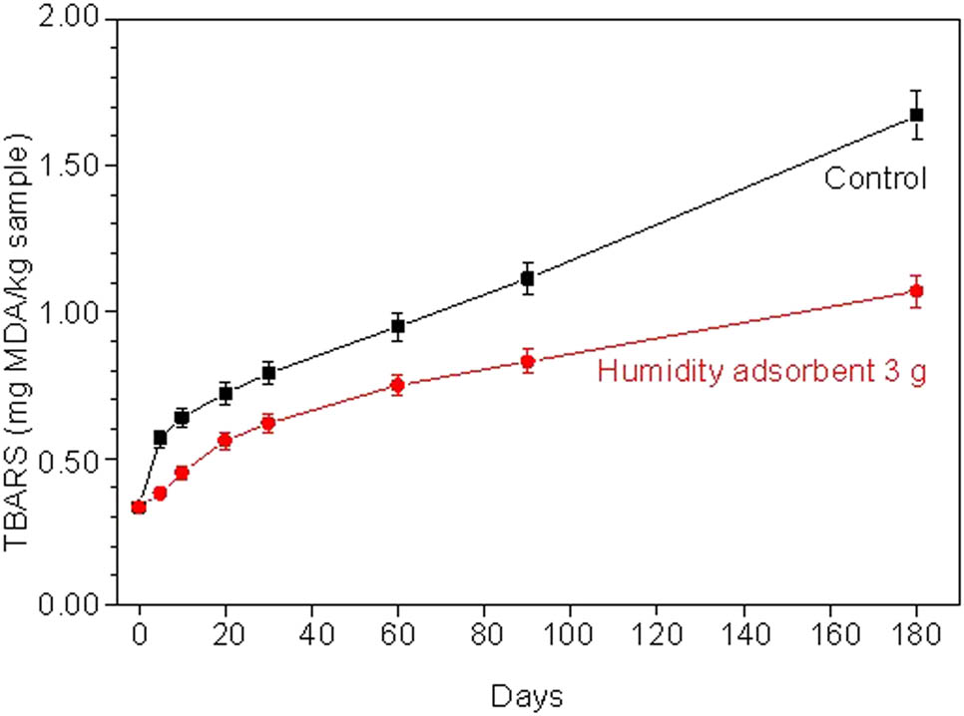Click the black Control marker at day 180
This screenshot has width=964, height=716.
click(x=916, y=115)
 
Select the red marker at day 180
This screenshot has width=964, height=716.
click(x=916, y=291)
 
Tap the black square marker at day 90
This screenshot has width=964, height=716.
click(x=528, y=279)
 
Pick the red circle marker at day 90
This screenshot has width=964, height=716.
click(x=528, y=361)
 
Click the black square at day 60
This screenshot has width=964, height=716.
click(x=398, y=326)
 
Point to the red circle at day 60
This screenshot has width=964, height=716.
click(x=398, y=385)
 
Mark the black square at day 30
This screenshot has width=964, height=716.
click(x=268, y=373)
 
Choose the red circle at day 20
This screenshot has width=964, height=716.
click(x=226, y=440)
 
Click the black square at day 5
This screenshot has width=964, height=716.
click(x=161, y=438)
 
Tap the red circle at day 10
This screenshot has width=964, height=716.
click(x=182, y=473)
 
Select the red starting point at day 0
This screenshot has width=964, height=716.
click(x=139, y=508)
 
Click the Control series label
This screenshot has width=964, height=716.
click(x=875, y=179)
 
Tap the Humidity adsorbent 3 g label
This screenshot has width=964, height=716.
click(x=762, y=374)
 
